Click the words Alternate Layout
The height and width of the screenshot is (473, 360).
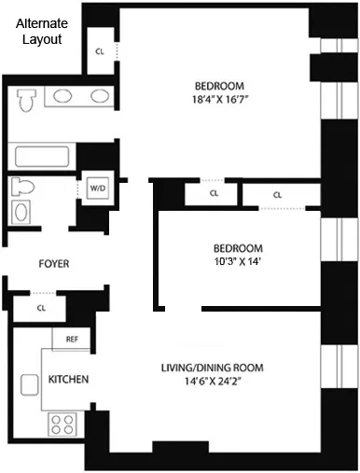(41, 32)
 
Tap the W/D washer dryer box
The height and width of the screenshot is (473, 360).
(98, 188)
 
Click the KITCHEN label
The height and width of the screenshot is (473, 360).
(68, 380)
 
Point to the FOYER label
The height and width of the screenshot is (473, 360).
(54, 264)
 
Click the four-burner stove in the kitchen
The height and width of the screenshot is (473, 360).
(62, 424)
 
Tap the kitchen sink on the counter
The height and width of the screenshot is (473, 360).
(27, 383)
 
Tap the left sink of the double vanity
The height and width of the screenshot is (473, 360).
(62, 96)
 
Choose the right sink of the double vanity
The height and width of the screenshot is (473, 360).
(97, 96)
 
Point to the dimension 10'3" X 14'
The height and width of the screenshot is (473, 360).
(238, 262)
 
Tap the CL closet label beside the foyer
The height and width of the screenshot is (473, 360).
(41, 307)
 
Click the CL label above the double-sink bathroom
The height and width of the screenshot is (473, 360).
(100, 51)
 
